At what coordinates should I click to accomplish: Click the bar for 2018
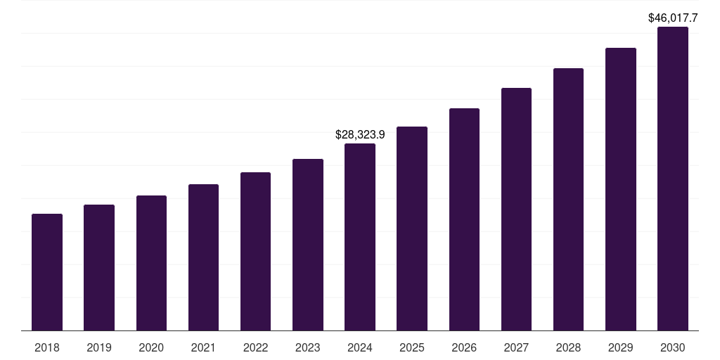click(x=47, y=272)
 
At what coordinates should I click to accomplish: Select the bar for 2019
click(x=99, y=267)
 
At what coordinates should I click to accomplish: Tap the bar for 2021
click(x=203, y=257)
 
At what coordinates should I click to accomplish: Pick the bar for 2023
click(x=308, y=245)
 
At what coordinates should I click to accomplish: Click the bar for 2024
click(x=360, y=237)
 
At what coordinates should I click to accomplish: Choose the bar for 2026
click(x=464, y=219)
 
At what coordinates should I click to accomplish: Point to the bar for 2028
click(x=568, y=199)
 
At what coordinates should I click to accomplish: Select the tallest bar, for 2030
click(x=673, y=179)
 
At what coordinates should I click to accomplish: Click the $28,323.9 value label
click(x=360, y=134)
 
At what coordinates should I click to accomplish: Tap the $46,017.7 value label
click(x=673, y=18)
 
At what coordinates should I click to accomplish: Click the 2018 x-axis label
click(x=47, y=347)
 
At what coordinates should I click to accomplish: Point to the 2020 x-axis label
click(x=151, y=347)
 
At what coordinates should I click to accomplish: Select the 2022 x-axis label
click(x=255, y=347)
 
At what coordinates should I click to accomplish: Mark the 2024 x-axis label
click(x=360, y=347)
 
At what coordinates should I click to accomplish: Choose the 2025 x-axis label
click(x=412, y=347)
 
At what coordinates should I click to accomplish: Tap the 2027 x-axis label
click(x=516, y=347)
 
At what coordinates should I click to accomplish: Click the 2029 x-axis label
click(x=621, y=347)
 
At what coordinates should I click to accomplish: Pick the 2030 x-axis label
click(x=673, y=347)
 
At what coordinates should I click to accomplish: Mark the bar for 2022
click(x=255, y=251)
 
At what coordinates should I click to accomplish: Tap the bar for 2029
click(x=621, y=189)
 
